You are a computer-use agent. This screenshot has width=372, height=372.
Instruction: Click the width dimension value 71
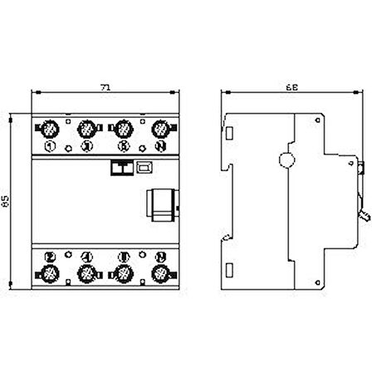click(103, 85)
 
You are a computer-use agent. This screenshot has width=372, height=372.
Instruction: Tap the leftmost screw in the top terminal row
click(48, 129)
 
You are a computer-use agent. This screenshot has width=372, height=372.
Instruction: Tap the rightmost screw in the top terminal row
click(159, 129)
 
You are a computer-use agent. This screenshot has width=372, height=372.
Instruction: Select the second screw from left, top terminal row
click(86, 129)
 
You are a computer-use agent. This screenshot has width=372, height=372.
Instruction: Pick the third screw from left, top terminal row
click(122, 129)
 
